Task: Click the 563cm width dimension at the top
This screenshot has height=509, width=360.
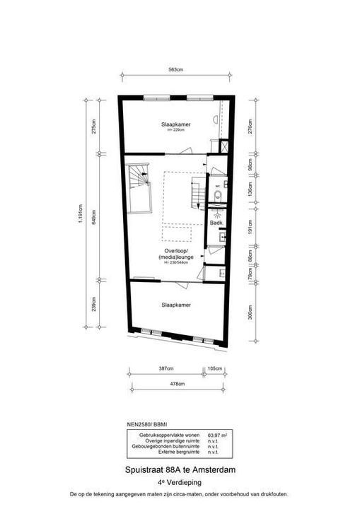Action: (x=176, y=70)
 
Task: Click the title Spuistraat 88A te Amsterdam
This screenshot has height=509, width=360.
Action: (x=179, y=469)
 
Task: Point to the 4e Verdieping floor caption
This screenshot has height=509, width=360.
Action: (x=179, y=481)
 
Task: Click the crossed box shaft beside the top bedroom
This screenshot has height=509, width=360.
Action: (x=224, y=147)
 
